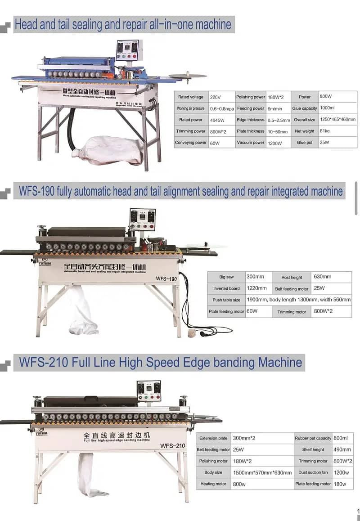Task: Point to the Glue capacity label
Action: point(305,108)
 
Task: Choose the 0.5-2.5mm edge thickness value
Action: point(279,120)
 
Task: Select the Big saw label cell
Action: point(226,277)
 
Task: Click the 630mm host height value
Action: point(322,277)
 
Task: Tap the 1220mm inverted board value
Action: point(256,288)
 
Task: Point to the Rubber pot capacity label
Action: point(313,438)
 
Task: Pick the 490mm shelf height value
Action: point(343,449)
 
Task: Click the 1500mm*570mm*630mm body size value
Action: point(262,473)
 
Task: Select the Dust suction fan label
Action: point(313,472)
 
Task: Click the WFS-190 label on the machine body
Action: point(166,278)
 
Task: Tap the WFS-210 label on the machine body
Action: point(173,445)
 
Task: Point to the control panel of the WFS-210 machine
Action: point(149,391)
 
